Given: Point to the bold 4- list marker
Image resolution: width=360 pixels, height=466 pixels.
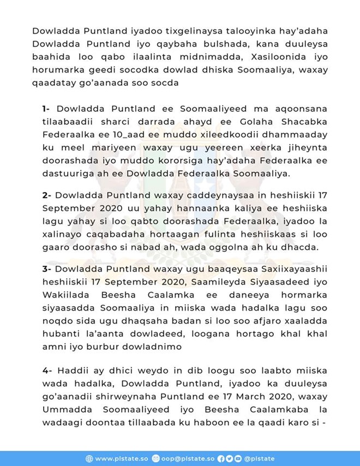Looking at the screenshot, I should point(47,369).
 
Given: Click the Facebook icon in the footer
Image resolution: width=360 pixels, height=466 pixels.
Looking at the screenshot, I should point(220,458).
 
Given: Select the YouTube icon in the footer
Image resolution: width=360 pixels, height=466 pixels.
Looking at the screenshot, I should point(237,458).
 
